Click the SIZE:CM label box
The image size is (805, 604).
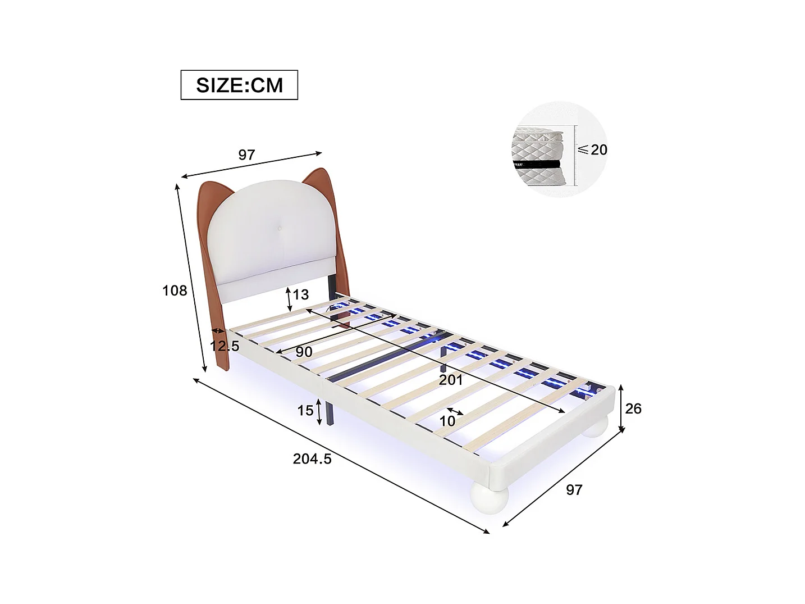pos(239,85)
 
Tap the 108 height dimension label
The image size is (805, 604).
pos(175,290)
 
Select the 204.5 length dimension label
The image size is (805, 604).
pos(312,459)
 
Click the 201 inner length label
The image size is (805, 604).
pos(451,380)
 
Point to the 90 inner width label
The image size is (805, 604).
pos(303,352)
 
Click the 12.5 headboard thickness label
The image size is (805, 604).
pos(225,346)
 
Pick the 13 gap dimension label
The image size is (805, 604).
pos(301,294)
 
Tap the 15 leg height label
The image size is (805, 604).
pos(305,411)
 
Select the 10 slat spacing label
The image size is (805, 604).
pos(447,421)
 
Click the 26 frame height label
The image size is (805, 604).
pos(633,408)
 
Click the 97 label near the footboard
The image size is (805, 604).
pos(574,490)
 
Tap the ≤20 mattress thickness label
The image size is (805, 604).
pos(593,149)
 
